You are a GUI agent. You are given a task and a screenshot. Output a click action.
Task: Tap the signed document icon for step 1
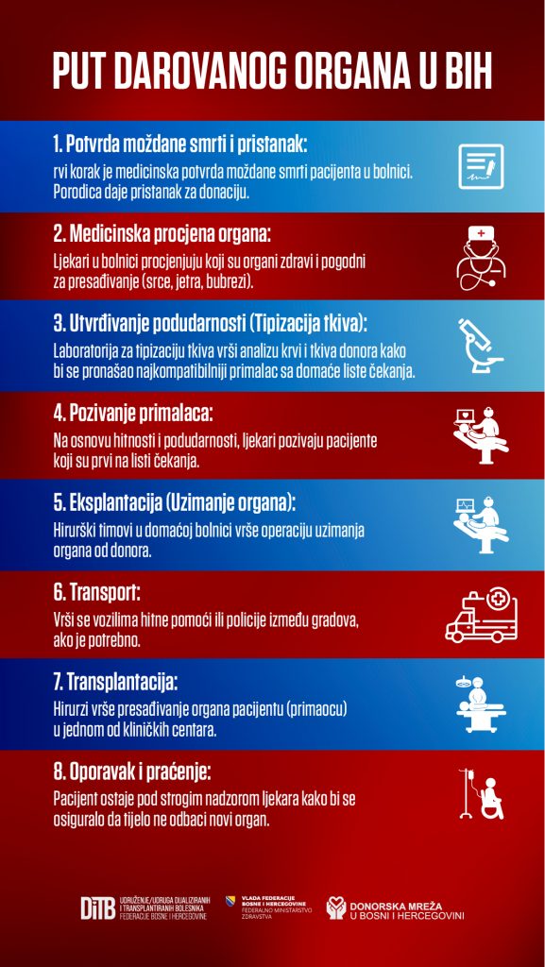click(481, 166)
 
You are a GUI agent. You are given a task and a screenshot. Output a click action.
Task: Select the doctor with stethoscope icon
click(481, 257)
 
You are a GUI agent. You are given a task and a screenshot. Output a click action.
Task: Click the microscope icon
click(480, 346)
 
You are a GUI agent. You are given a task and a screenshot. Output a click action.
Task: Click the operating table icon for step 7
click(482, 704)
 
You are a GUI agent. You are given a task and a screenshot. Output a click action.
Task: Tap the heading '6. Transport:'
click(96, 593)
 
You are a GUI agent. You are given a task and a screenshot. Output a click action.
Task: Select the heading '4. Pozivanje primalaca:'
click(132, 414)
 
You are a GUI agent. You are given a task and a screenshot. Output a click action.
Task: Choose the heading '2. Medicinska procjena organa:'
click(162, 234)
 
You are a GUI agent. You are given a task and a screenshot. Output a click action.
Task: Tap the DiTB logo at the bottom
click(98, 908)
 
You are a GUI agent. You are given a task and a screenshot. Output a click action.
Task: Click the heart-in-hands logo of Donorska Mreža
click(336, 908)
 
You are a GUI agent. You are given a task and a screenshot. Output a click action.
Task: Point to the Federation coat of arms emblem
click(231, 901)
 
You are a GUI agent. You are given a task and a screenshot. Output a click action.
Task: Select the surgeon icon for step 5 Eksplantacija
click(482, 525)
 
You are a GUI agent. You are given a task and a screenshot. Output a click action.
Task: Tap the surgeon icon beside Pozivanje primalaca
click(482, 435)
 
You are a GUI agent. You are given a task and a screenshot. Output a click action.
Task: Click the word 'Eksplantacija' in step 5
click(107, 502)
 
